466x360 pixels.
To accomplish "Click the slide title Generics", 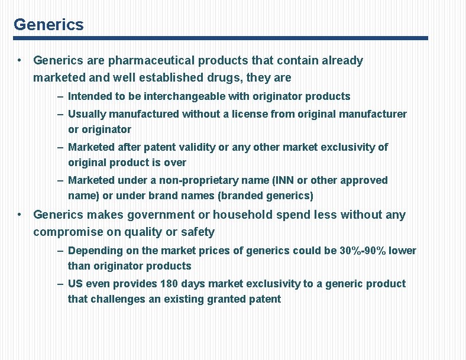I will click(x=48, y=25).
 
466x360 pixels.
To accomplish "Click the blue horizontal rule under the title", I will click(x=220, y=38).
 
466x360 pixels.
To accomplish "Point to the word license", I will click(x=250, y=114).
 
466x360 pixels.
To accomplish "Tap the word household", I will click(x=242, y=215).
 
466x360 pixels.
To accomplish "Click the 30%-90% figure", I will click(x=363, y=251).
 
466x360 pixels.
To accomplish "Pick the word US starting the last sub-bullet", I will click(x=75, y=284).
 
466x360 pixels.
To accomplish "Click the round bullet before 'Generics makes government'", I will click(x=20, y=214).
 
